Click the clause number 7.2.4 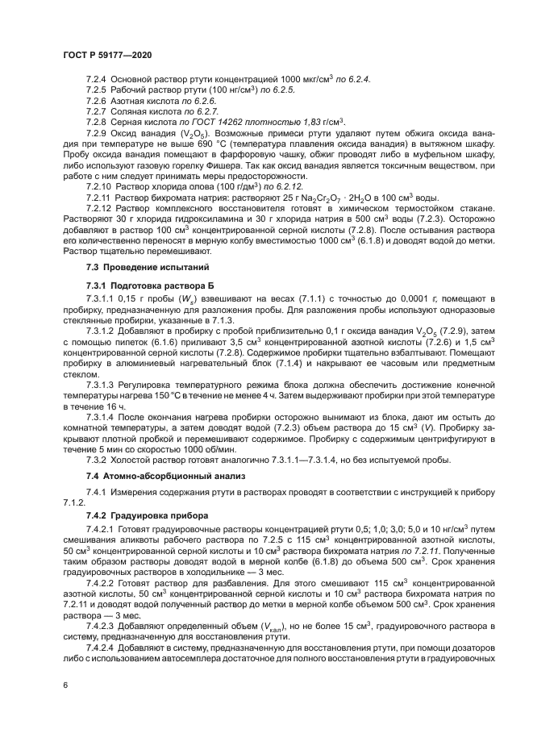click(96, 77)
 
